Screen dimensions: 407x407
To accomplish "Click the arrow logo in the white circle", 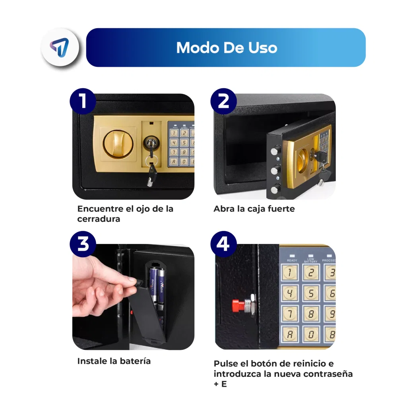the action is [x=60, y=47].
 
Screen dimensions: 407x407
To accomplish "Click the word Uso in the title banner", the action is [x=263, y=48].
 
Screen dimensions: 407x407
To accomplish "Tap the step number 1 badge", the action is [x=83, y=101].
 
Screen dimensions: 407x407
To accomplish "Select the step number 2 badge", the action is [x=223, y=101].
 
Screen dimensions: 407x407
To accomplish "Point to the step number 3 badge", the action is [x=83, y=244].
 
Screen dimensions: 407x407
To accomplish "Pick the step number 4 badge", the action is [x=223, y=244].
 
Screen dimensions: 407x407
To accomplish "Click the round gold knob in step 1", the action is [x=118, y=145].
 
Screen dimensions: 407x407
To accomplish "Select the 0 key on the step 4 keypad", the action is [x=311, y=335].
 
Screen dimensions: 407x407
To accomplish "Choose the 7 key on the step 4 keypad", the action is [x=289, y=314].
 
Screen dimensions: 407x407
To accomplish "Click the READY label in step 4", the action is [x=292, y=260].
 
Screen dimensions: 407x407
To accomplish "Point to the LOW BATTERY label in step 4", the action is [x=311, y=260].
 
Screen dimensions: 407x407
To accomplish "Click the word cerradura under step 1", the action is [x=99, y=219].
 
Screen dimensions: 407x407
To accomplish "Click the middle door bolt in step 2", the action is [x=276, y=170].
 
